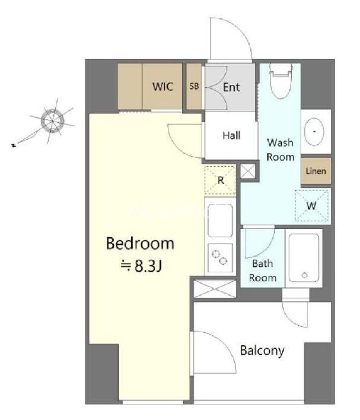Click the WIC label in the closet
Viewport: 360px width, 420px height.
[x=163, y=87]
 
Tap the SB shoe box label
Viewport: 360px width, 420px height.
[x=194, y=86]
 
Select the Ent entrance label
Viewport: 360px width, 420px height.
[x=231, y=87]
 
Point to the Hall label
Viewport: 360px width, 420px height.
[x=231, y=135]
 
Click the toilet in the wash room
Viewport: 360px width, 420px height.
[x=280, y=80]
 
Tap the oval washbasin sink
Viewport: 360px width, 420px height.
[x=314, y=132]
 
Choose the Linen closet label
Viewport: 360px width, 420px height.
[x=316, y=171]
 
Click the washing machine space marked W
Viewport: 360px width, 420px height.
[x=311, y=205]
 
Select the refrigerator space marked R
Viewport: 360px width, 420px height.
[x=220, y=180]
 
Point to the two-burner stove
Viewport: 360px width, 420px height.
[x=220, y=257]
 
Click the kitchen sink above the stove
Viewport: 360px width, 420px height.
[x=220, y=221]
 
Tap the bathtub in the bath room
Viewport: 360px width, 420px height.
[x=304, y=258]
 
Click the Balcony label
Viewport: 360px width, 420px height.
[x=262, y=351]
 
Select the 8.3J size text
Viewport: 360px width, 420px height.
[x=141, y=266]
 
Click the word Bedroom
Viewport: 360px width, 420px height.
[x=140, y=243]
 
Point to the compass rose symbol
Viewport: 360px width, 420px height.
[x=53, y=121]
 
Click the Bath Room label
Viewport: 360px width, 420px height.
[x=263, y=271]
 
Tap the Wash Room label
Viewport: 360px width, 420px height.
[x=280, y=149]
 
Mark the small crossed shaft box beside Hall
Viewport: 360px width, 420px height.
[x=248, y=171]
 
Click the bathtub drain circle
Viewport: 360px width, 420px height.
[x=304, y=275]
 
